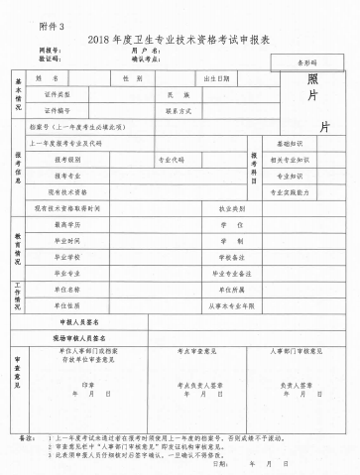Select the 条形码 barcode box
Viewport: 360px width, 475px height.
(x=299, y=62)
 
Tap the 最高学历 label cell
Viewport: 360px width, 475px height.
(x=67, y=225)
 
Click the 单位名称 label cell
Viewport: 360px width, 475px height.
(x=67, y=290)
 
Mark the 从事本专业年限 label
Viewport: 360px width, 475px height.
(x=220, y=305)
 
